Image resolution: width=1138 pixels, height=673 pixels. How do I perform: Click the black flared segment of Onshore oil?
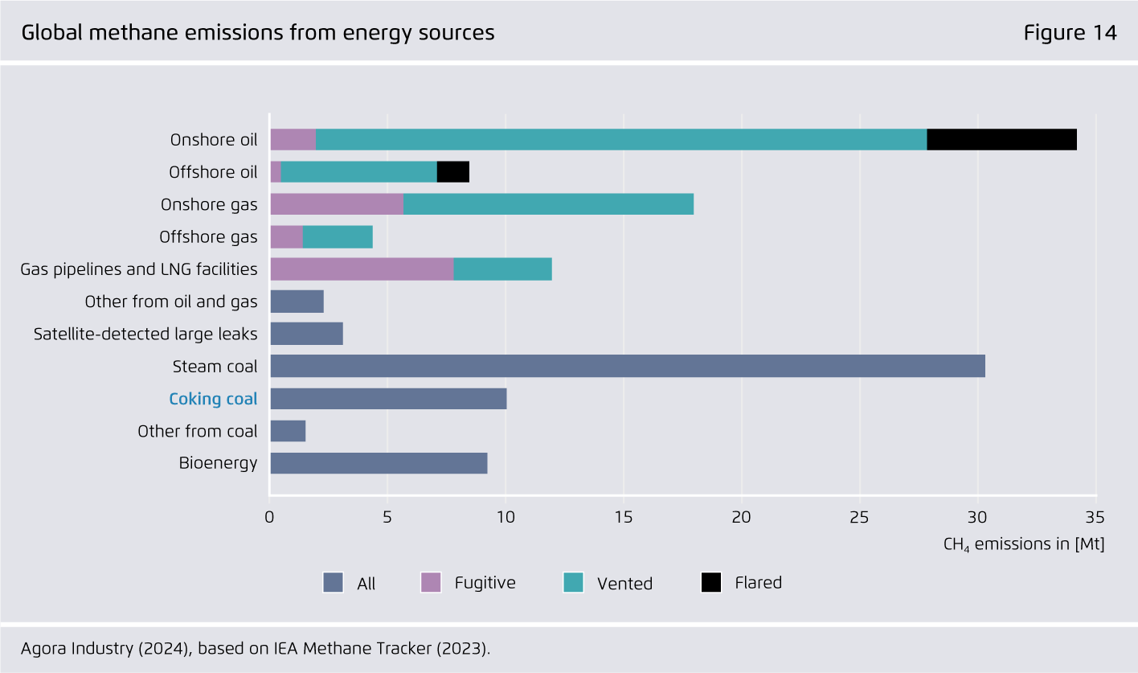pos(1001,139)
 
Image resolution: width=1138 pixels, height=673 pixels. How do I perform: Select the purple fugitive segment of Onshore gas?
pos(336,204)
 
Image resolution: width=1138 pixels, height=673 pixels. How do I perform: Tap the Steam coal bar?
pos(627,366)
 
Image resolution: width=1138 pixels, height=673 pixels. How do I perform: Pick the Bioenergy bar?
pos(379,463)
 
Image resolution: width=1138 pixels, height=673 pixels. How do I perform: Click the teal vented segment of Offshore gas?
pos(338,236)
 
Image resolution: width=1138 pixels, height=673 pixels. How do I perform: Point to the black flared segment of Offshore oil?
pos(452,172)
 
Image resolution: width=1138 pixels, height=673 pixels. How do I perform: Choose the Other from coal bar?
pos(288,431)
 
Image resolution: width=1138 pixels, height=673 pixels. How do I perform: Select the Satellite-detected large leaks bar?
pos(306,334)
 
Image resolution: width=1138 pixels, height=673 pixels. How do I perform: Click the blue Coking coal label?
pos(213,399)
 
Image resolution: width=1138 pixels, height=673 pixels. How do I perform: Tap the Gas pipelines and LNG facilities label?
pos(139,269)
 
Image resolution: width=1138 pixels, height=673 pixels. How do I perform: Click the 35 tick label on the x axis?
pos(1095,516)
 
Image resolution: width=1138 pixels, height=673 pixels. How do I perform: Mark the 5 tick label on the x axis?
pos(387,516)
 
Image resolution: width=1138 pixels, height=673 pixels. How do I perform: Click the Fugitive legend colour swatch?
pos(432,582)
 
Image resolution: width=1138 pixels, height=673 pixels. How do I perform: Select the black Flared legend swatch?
pos(711,582)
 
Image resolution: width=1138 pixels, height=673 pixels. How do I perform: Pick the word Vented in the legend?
pos(624,584)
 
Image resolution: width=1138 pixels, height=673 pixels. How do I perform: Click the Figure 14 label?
pos(1070,33)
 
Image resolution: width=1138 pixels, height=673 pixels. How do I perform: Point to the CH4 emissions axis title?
pos(1023,544)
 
